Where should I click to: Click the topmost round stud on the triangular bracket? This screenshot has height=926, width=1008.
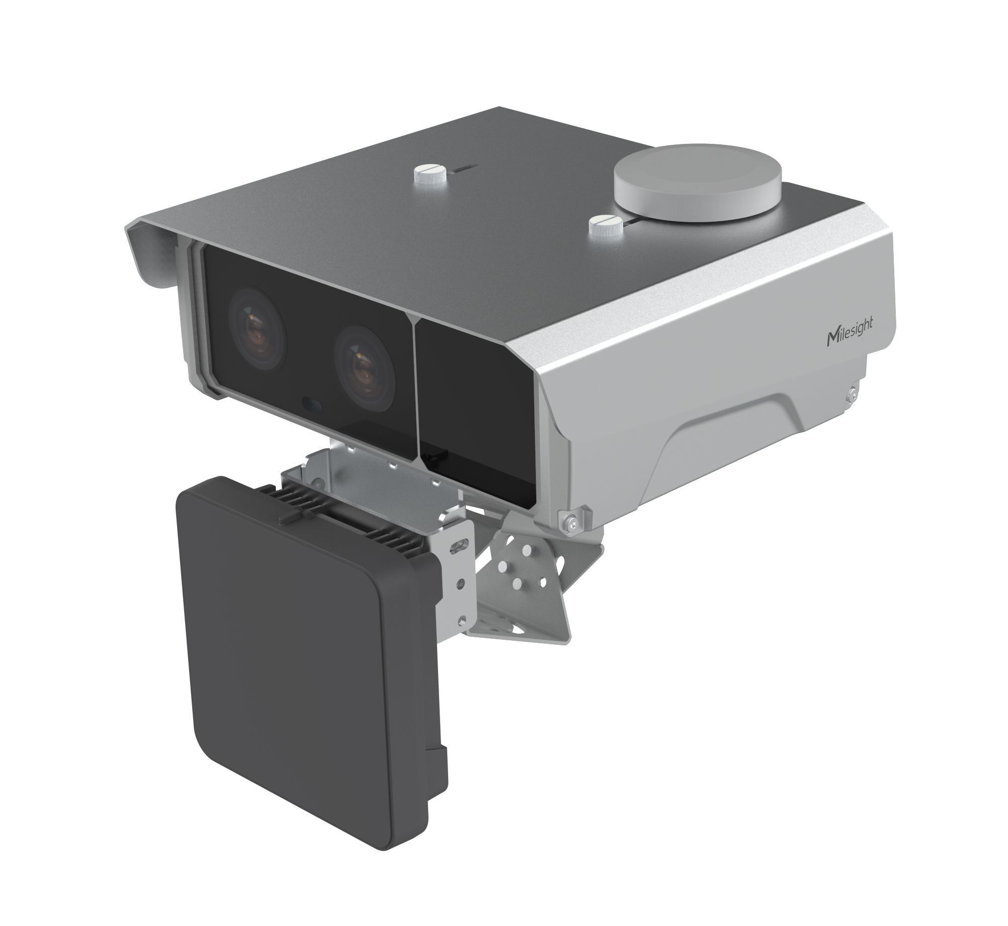point(525,552)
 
